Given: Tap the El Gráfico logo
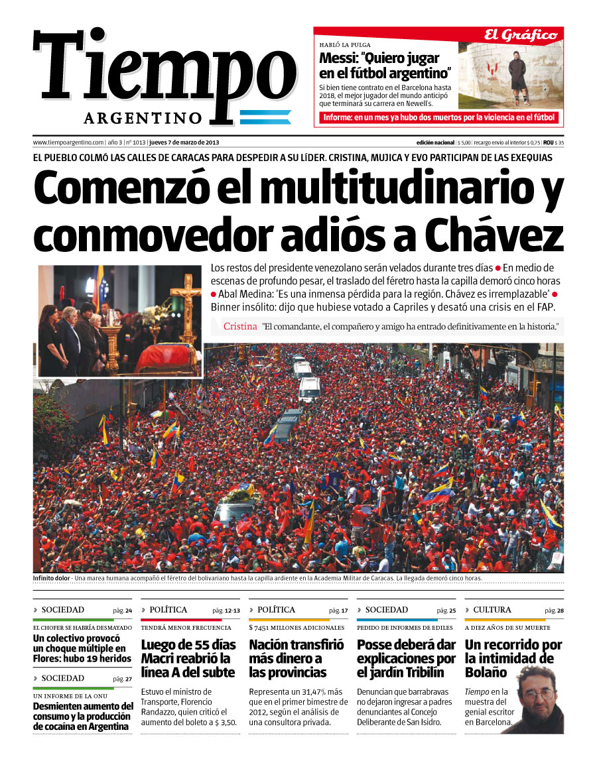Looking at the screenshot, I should [x=519, y=35].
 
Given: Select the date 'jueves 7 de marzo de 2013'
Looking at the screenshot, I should [x=184, y=142].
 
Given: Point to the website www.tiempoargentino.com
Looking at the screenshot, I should [x=68, y=142].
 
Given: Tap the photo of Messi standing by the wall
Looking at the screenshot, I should [x=511, y=75].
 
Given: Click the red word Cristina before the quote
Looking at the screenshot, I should [x=239, y=326].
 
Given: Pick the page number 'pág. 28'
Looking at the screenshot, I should [x=554, y=611].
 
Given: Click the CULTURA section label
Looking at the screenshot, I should [x=492, y=610].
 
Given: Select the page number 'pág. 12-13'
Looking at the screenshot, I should [x=226, y=611].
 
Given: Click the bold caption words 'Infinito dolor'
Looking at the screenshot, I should [x=52, y=578].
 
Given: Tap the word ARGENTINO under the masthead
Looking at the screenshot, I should [x=143, y=118].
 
